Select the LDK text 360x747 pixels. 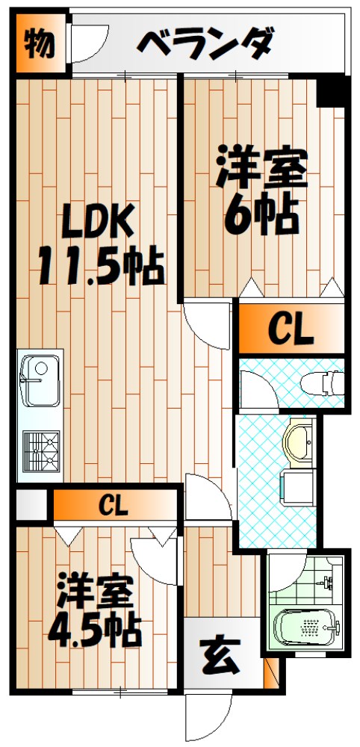97,221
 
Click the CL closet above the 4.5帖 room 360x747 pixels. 113,506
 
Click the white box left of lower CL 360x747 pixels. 31,506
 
